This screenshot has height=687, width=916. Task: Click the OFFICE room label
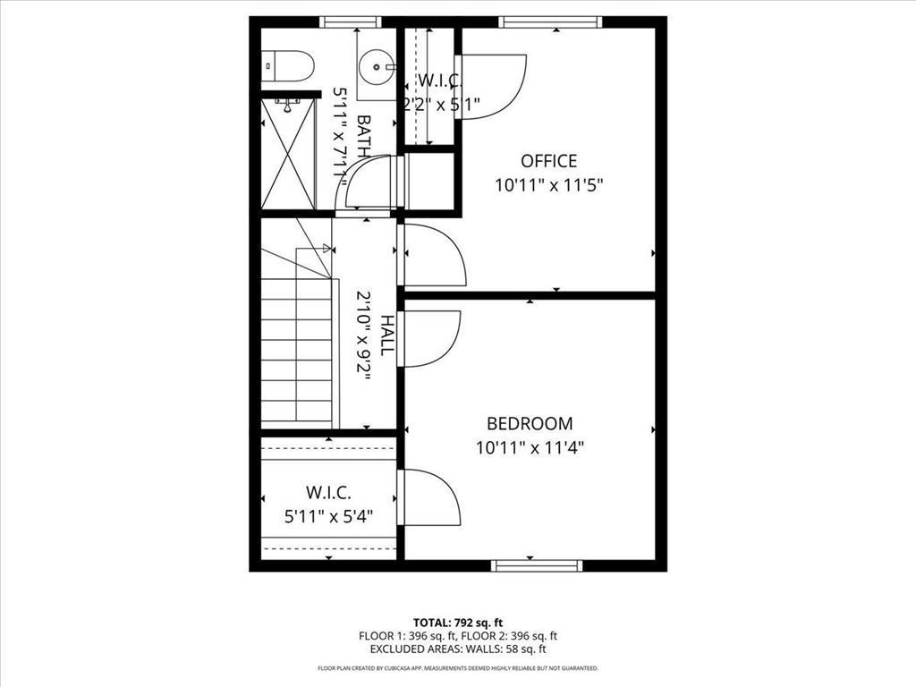(x=548, y=161)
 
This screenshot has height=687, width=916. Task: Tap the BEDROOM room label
(x=530, y=423)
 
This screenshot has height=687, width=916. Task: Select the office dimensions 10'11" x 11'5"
(x=549, y=186)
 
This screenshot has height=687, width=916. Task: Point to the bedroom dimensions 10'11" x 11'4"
(x=530, y=447)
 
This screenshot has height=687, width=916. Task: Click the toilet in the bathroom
(x=290, y=65)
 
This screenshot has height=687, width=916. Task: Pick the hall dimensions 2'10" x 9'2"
(x=364, y=335)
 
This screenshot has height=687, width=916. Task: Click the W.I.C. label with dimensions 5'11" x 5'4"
(x=328, y=493)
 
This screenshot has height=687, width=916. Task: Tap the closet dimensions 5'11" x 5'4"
(x=328, y=516)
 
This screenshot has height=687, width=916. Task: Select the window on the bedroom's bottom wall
(x=537, y=564)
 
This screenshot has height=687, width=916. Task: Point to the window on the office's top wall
(x=548, y=21)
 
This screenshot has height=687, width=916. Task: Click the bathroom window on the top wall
(x=350, y=21)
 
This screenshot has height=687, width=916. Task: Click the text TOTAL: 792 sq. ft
(x=458, y=622)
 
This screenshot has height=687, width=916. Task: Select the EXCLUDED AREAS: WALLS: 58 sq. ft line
(x=458, y=649)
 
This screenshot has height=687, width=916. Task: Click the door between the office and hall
(x=433, y=255)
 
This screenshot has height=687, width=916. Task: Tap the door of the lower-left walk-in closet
(x=428, y=496)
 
